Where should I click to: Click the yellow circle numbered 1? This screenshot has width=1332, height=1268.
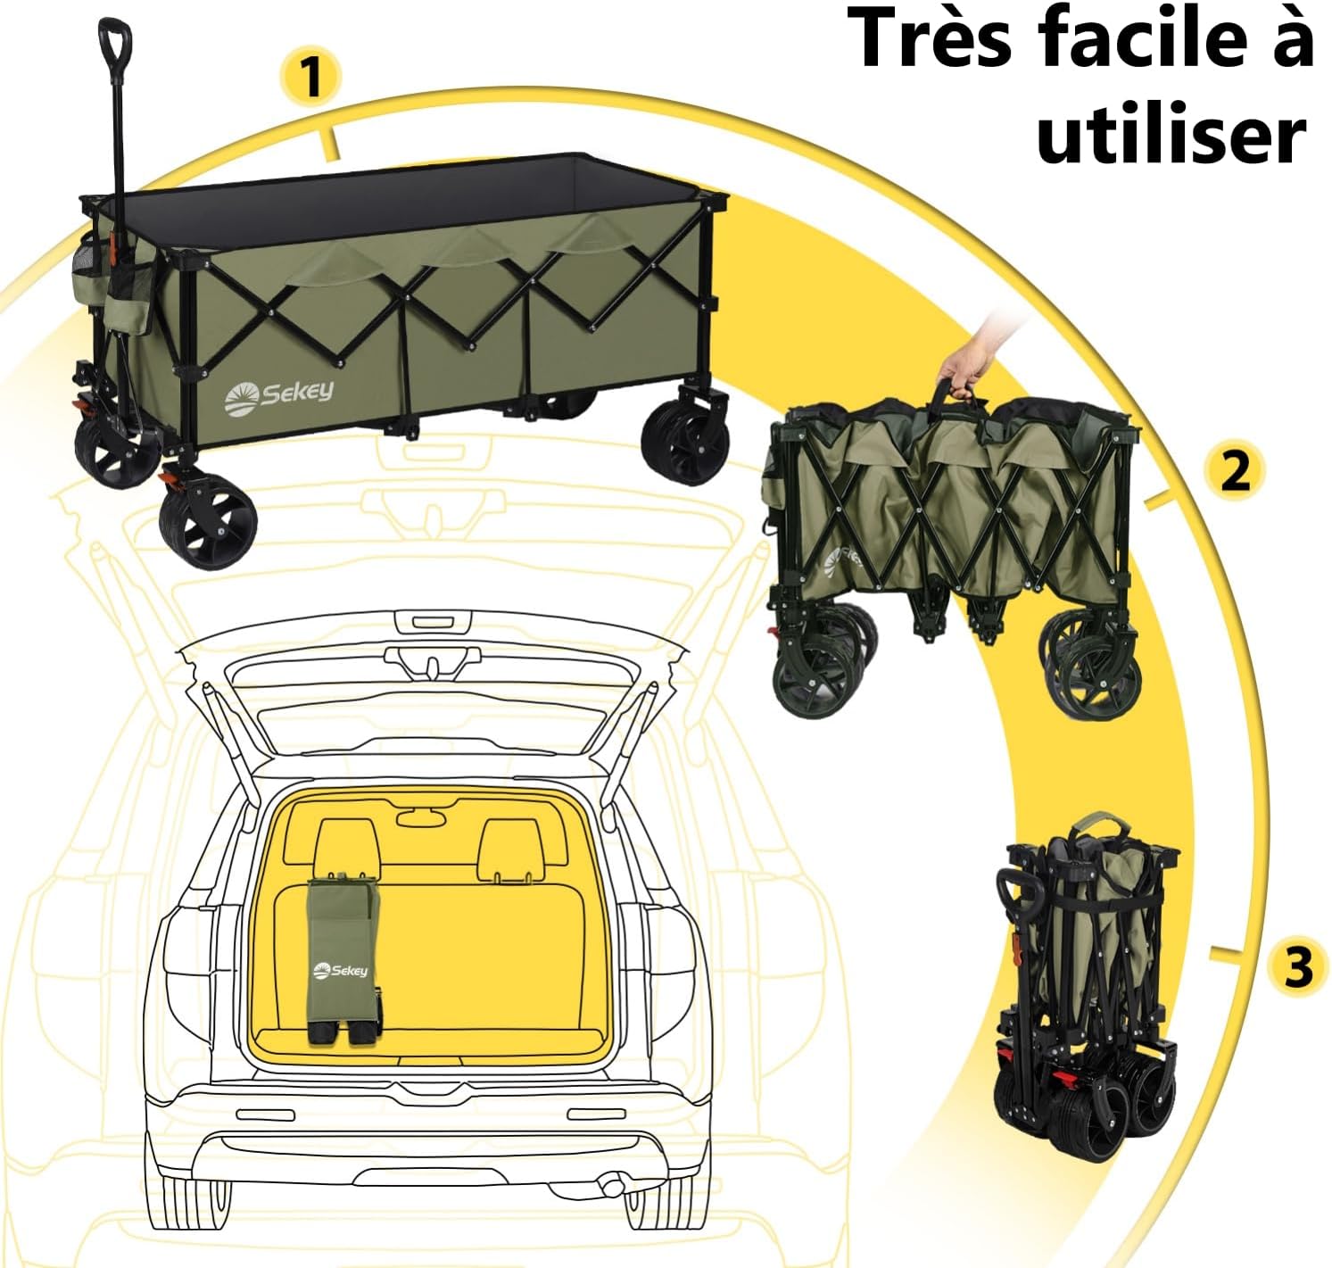tap(311, 77)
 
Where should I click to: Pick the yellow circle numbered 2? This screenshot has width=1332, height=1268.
tap(1235, 469)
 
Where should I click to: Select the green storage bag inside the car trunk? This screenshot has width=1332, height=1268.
tap(343, 955)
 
